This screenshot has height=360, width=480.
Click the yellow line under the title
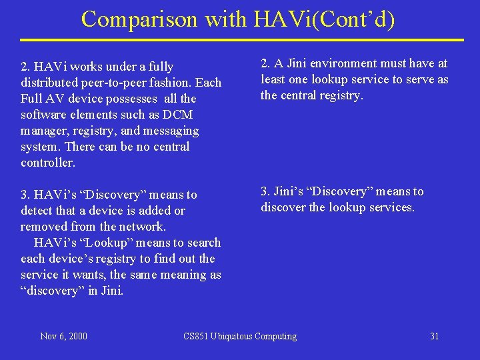click(x=240, y=40)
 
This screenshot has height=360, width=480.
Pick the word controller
click(x=48, y=163)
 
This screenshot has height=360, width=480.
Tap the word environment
click(x=334, y=63)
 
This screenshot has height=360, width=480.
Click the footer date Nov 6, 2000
click(x=63, y=336)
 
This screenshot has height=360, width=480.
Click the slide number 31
click(x=434, y=336)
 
